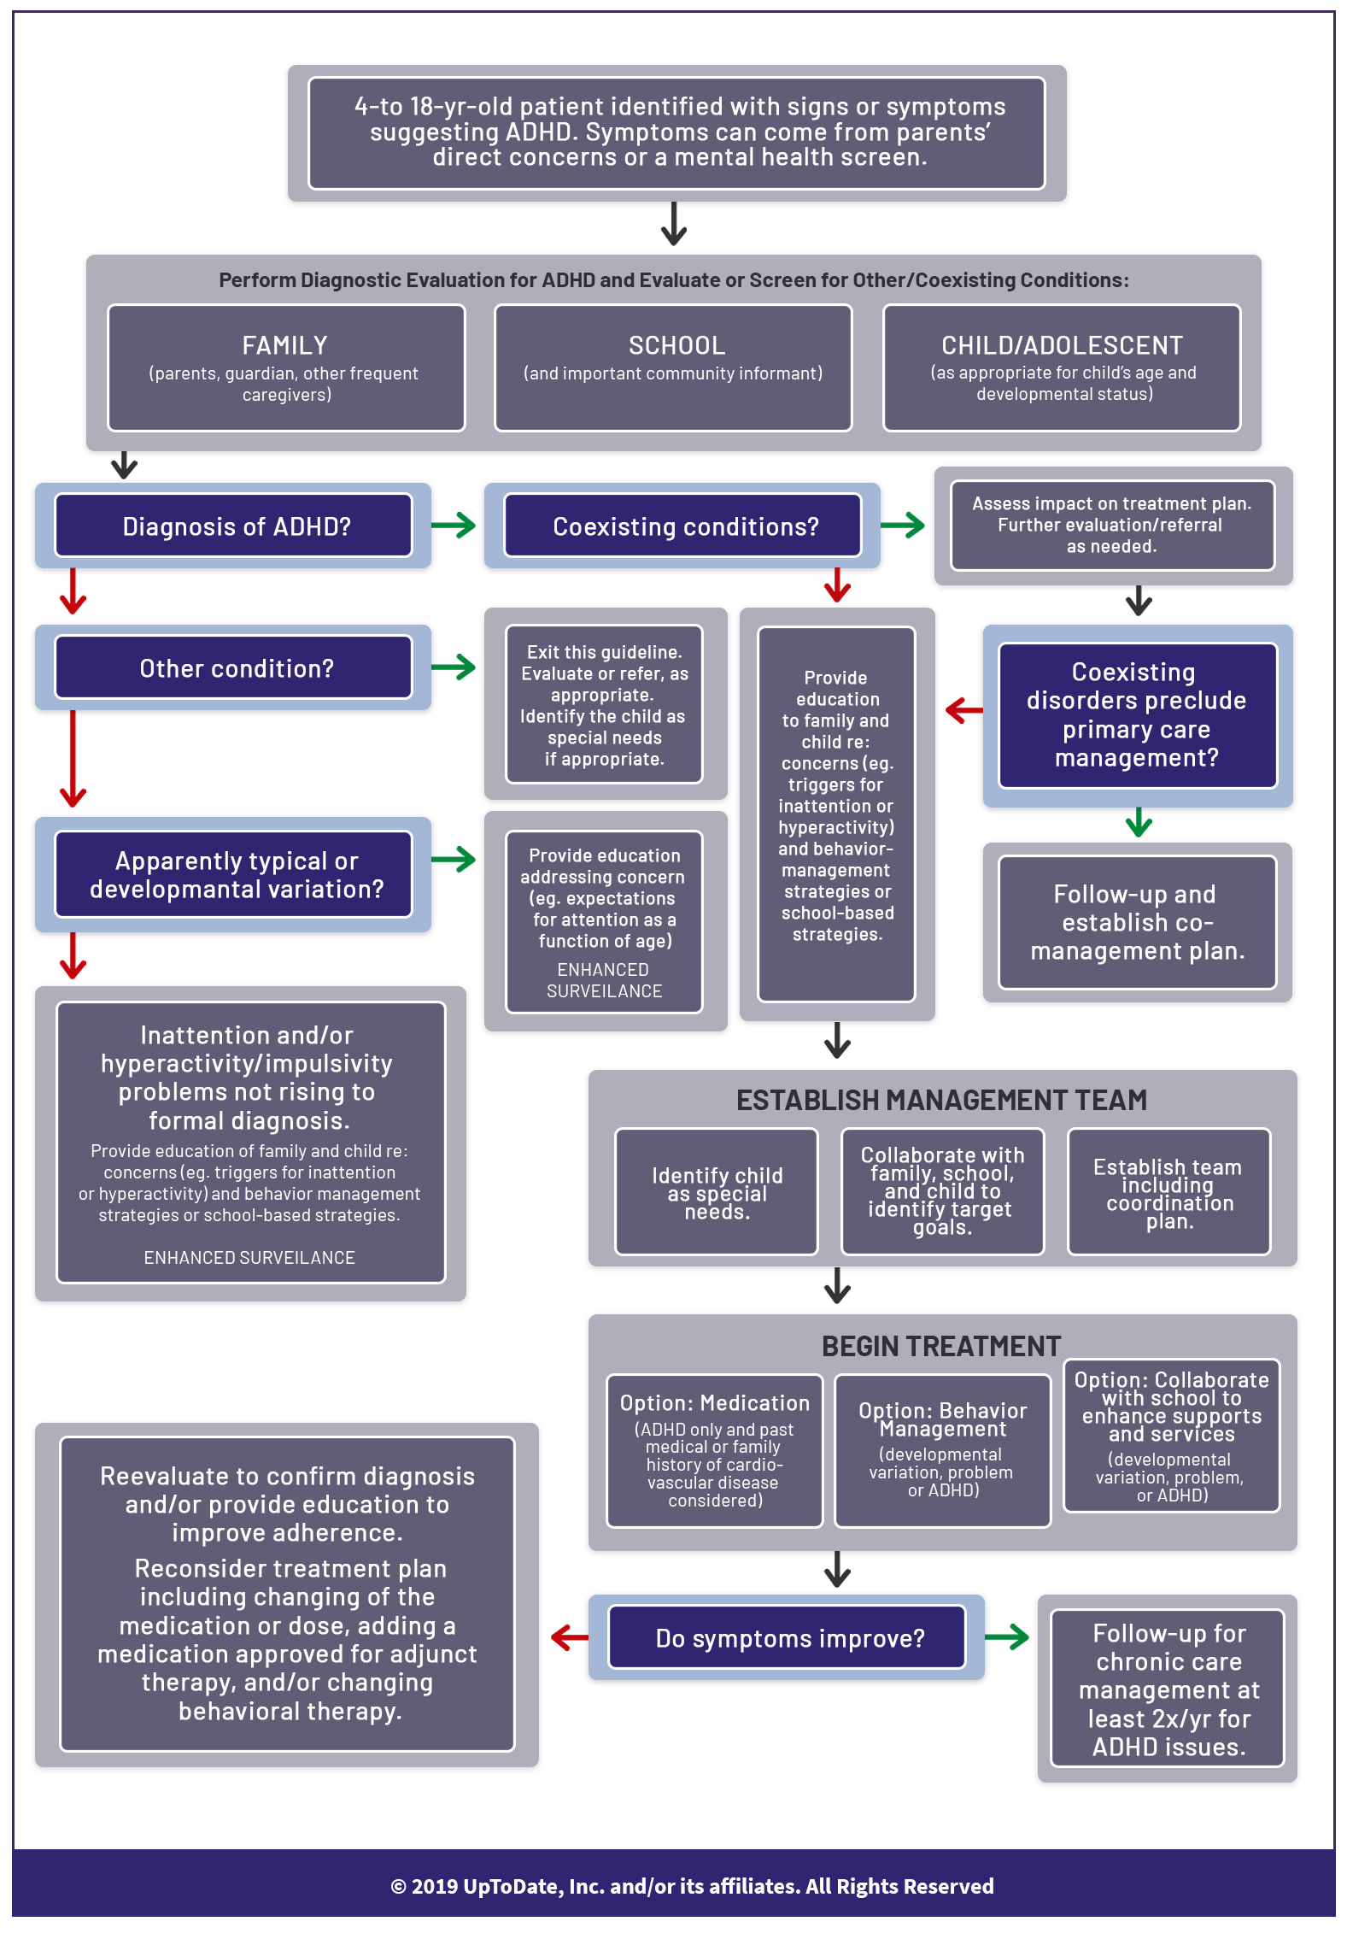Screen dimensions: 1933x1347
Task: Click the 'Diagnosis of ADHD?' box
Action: pos(234,526)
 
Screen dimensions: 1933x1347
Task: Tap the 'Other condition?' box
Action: pos(234,667)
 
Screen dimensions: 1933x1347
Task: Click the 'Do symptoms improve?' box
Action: pos(787,1637)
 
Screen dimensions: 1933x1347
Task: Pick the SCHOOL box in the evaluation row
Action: pos(673,367)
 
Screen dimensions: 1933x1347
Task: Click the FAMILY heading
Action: pos(284,345)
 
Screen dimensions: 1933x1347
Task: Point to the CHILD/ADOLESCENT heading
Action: pos(1062,345)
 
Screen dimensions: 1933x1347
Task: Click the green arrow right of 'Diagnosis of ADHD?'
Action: pos(454,525)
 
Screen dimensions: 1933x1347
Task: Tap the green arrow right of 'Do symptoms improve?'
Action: pos(1007,1637)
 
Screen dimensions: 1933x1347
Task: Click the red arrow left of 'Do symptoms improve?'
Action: pos(570,1637)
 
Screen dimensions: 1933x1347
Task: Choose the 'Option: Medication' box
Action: pos(714,1450)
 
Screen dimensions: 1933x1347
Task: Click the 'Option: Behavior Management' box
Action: pos(942,1450)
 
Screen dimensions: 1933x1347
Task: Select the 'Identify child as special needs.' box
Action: pos(717,1192)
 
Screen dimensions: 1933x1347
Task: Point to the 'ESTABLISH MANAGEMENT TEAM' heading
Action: pos(941,1101)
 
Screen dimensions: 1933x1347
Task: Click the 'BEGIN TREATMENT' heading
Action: pos(941,1346)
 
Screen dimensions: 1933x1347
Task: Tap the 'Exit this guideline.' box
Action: pos(604,704)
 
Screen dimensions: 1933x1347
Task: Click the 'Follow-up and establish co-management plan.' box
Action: pos(1137,922)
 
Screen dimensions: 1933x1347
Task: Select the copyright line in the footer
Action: pos(692,1886)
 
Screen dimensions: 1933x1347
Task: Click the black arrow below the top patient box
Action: pos(674,224)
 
